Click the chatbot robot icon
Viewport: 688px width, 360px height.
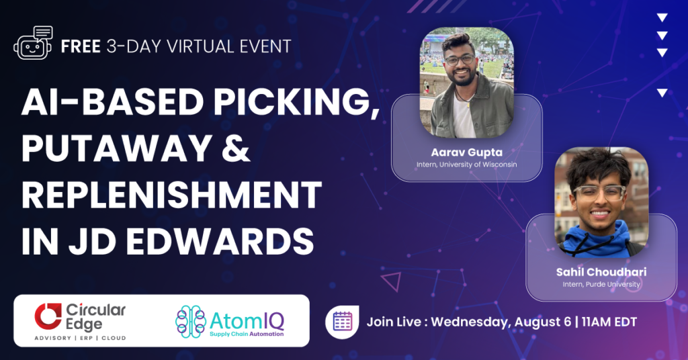(x=34, y=43)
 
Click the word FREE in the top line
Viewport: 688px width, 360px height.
(x=81, y=46)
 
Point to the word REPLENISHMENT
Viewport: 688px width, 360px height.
(x=171, y=195)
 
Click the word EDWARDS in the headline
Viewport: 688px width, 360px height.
(x=220, y=241)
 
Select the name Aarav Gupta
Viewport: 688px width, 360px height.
(x=466, y=152)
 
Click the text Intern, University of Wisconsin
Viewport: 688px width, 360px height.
(x=466, y=165)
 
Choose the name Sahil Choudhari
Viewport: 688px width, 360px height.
(x=601, y=272)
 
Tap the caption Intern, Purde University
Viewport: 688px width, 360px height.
(x=601, y=284)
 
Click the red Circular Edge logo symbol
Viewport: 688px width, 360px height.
(x=48, y=316)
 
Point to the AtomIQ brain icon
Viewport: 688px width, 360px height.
(x=190, y=322)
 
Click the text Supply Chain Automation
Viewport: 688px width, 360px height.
(x=247, y=334)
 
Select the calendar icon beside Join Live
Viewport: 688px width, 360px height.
(x=342, y=322)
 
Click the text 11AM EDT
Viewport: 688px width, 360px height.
(x=609, y=322)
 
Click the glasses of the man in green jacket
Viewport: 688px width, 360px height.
(x=459, y=60)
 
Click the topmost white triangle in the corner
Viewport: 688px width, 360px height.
(x=662, y=17)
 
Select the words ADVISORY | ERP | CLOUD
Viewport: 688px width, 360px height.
(x=81, y=338)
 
